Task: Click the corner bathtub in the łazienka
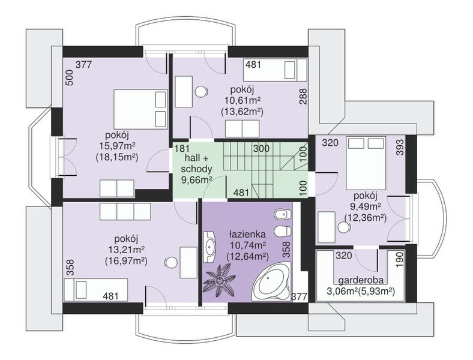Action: coord(271,281)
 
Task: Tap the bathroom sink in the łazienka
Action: coord(209,247)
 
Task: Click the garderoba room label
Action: coord(361,280)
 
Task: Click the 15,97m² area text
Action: coord(117,146)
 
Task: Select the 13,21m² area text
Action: coord(126,250)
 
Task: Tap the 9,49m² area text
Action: coord(366,206)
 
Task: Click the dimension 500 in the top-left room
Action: coord(70,78)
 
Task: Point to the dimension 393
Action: coord(400,148)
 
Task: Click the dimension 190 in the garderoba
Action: coord(400,259)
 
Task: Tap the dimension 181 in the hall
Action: coord(182,148)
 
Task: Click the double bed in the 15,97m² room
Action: coord(140,109)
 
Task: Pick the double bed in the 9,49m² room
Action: coord(366,163)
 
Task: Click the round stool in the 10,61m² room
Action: coord(201,91)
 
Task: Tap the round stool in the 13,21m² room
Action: coord(171,262)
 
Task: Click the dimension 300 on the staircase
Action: coord(261,148)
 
